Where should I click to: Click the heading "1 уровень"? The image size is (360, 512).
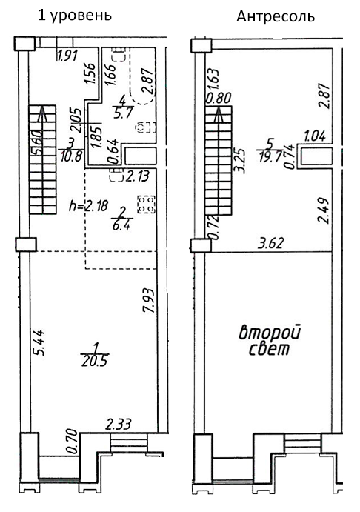[x=75, y=16]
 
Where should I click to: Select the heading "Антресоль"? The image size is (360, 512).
[x=276, y=16]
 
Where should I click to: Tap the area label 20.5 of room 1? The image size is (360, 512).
[x=95, y=361]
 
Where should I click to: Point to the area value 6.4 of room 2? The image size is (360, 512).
[x=121, y=225]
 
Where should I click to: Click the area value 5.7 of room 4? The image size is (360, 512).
[x=123, y=113]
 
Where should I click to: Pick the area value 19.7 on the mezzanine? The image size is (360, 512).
[x=270, y=157]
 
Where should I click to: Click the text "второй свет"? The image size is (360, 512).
[x=270, y=340]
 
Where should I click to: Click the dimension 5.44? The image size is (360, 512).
[x=39, y=343]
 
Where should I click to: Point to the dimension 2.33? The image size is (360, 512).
[x=118, y=424]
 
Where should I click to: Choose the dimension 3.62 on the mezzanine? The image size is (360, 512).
[x=270, y=243]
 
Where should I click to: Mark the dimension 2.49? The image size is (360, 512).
[x=324, y=210]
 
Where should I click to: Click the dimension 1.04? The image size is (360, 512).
[x=315, y=136]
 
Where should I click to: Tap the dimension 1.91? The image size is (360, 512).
[x=67, y=56]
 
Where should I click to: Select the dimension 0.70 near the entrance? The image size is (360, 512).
[x=72, y=441]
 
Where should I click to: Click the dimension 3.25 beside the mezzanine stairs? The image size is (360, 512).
[x=240, y=160]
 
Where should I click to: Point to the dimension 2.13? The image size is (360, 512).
[x=137, y=176]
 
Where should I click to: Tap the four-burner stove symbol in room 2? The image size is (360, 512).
[x=146, y=205]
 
